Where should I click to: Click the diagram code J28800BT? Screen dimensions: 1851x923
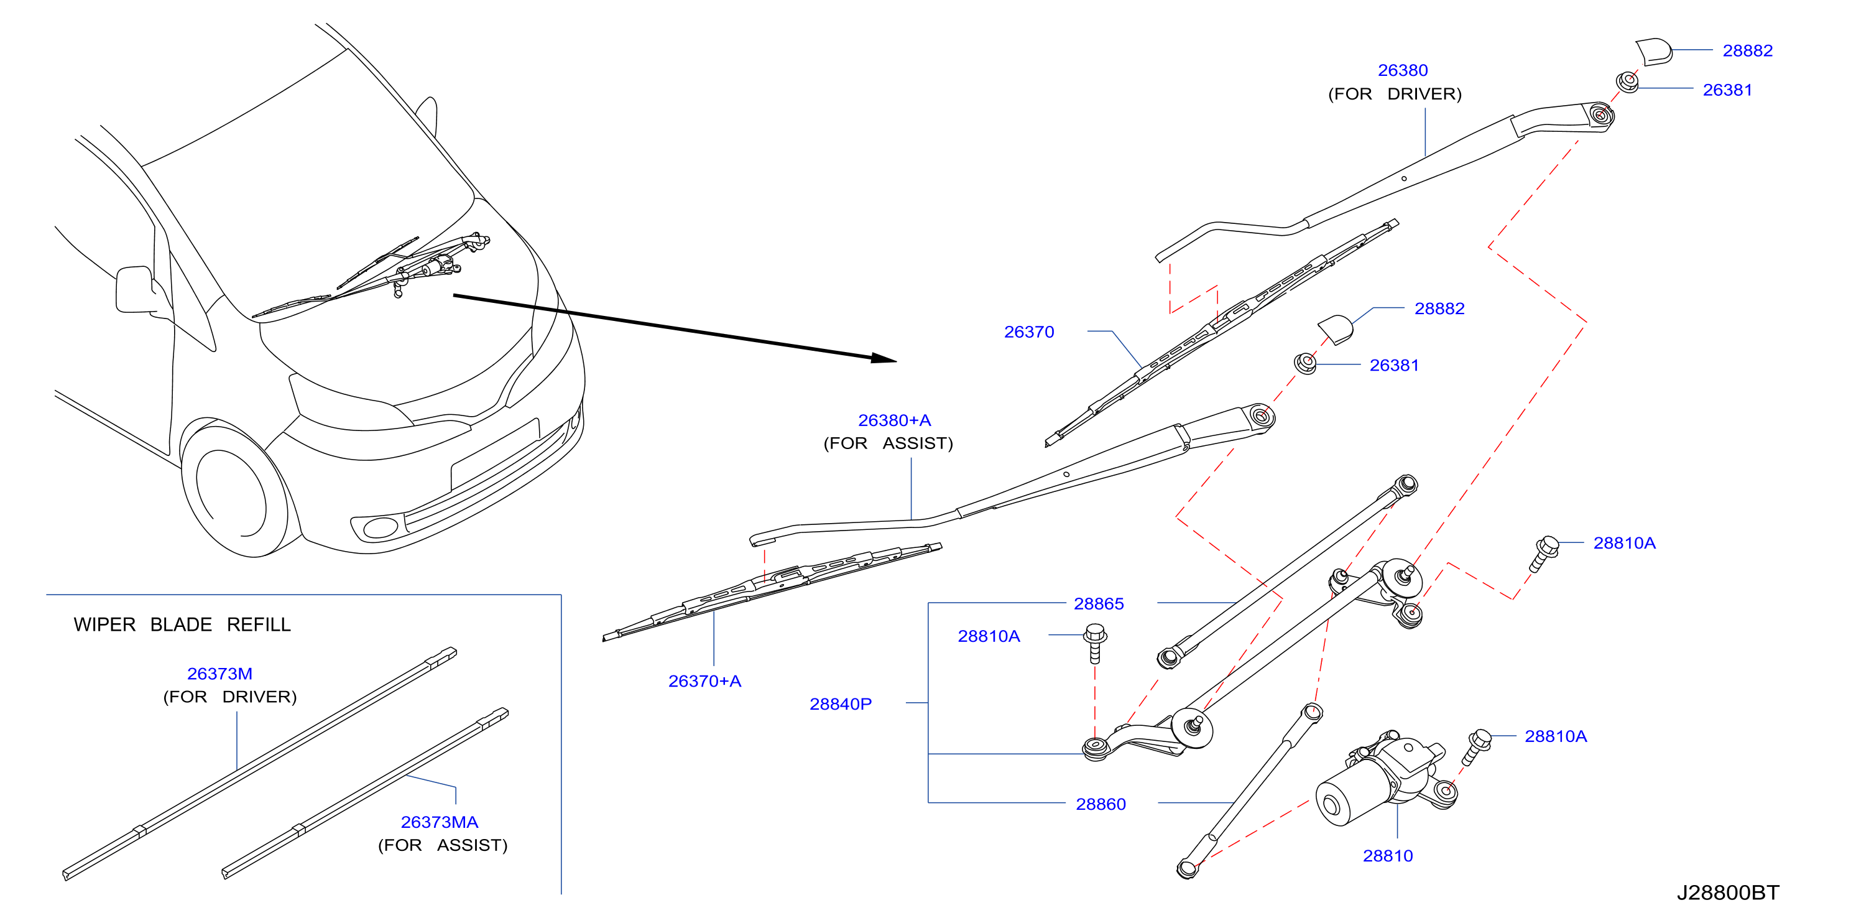[x=1727, y=892]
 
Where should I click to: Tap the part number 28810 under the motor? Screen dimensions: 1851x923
[x=1388, y=855]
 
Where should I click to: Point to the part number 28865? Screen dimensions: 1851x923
[x=1099, y=604]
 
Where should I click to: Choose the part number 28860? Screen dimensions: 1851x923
[x=1101, y=804]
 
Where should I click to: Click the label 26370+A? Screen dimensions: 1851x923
[x=704, y=681]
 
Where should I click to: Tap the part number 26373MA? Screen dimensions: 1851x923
[x=439, y=822]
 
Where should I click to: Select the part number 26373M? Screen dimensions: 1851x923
[x=220, y=674]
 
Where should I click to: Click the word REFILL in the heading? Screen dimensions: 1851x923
[x=259, y=624]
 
